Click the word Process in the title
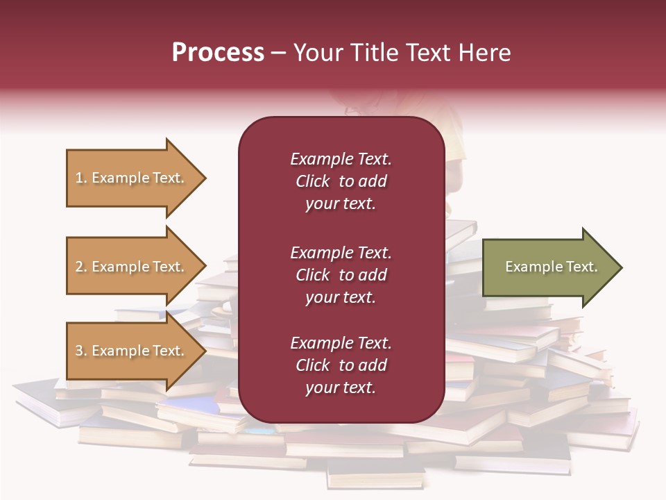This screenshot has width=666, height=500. click(x=218, y=53)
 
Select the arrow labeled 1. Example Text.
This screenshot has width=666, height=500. click(x=132, y=178)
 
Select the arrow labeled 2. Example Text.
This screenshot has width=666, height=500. click(x=132, y=267)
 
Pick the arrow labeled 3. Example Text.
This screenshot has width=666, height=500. click(x=132, y=351)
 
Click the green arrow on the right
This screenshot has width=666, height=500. click(x=548, y=267)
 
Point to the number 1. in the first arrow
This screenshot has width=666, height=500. click(x=81, y=178)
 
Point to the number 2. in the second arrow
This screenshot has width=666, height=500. click(x=81, y=267)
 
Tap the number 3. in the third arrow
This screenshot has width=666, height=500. click(x=81, y=351)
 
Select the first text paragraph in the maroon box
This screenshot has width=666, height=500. click(x=341, y=181)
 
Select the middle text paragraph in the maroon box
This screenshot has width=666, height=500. click(x=341, y=275)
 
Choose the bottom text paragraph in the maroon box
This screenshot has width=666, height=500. click(x=341, y=365)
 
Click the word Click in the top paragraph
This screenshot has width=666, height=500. click(x=312, y=181)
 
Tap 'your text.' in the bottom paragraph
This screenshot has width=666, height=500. click(x=341, y=387)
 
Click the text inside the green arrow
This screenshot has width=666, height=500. click(x=551, y=267)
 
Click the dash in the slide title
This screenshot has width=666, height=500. click(x=279, y=53)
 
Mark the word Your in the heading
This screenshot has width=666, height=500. click(x=317, y=53)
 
